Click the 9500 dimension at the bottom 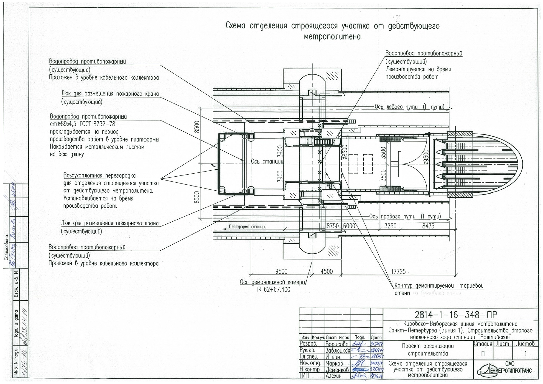point(281,271)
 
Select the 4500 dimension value point(326,271)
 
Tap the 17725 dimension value point(398,271)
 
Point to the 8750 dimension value point(332,226)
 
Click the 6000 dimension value point(349,226)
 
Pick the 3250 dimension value point(390,226)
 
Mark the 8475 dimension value point(428,226)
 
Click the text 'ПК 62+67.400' point(272,289)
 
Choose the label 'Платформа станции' point(248,227)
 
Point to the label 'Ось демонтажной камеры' point(272,282)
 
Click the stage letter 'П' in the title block point(483,354)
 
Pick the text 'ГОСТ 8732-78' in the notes point(97,124)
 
